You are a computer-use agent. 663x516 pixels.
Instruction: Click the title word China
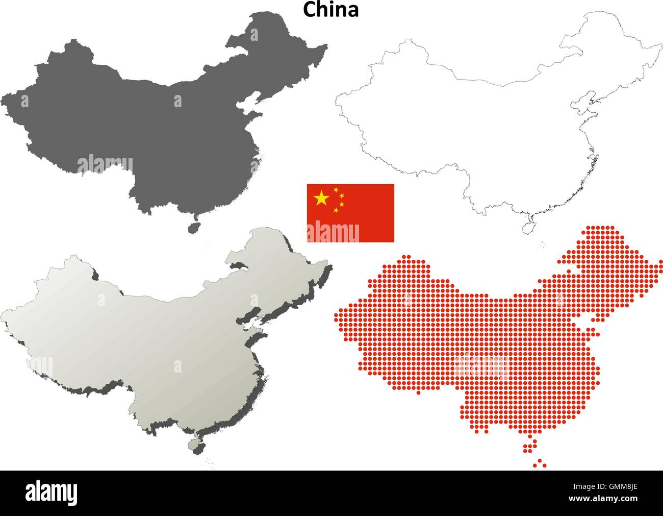click(331, 9)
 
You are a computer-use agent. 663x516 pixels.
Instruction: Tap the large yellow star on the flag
click(321, 198)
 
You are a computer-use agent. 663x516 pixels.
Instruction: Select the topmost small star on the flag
click(336, 190)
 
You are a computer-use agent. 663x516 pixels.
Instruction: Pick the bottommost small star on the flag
click(336, 210)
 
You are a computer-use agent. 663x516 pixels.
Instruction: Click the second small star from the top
click(342, 195)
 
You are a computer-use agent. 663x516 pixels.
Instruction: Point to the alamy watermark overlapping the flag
click(333, 232)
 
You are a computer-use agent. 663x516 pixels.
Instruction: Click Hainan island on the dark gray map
click(193, 227)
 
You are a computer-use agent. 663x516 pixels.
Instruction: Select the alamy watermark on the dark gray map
click(105, 165)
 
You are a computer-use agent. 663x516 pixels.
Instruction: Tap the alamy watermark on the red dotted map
click(479, 365)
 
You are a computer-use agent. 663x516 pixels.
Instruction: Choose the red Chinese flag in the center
click(350, 213)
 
